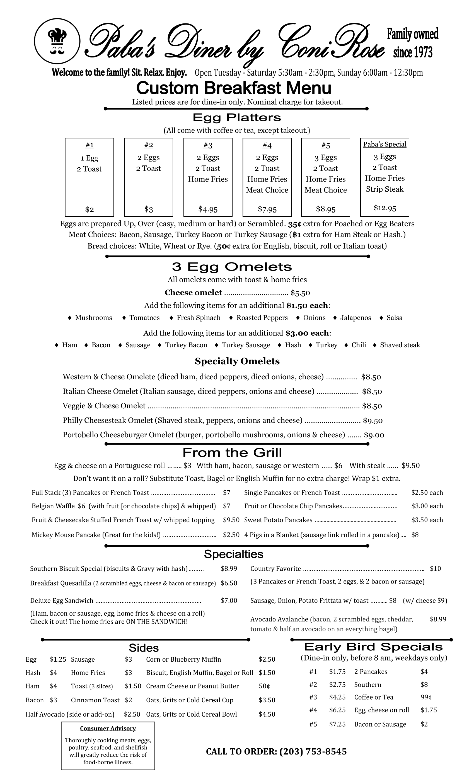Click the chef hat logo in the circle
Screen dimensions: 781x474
click(x=57, y=41)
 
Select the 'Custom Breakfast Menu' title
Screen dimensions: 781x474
click(x=234, y=88)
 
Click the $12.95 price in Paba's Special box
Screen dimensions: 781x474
click(x=385, y=208)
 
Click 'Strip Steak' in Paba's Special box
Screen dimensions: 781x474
click(x=385, y=189)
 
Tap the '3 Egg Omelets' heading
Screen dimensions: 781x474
click(x=232, y=267)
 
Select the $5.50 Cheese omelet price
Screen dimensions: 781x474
click(x=300, y=293)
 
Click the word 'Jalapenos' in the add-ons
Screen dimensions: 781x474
click(x=355, y=318)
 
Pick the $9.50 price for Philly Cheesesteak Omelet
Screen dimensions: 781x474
click(x=373, y=421)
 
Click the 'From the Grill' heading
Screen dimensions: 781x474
click(x=232, y=453)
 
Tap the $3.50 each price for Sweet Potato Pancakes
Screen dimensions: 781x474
click(x=427, y=520)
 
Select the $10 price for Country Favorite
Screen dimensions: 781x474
click(x=435, y=569)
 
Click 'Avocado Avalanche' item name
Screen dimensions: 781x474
click(x=279, y=619)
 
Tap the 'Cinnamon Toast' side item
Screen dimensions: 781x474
click(x=95, y=700)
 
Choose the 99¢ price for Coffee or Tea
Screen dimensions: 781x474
click(x=426, y=697)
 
